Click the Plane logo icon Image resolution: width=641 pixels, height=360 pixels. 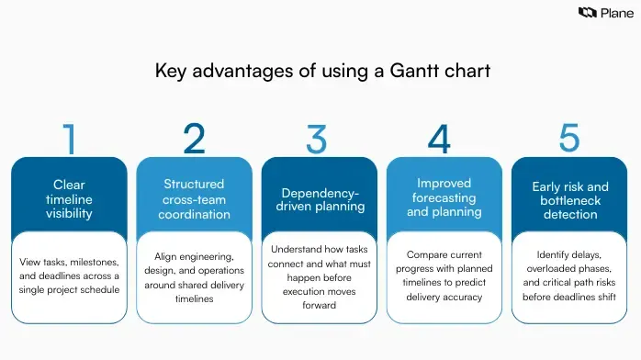587,13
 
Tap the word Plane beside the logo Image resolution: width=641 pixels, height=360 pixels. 616,13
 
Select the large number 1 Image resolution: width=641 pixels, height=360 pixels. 69,138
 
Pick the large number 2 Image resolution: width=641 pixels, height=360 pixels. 194,138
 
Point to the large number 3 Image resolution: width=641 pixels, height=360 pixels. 317,138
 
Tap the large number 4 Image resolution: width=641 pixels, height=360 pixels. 440,138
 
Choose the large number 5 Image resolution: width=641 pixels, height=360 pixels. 568,138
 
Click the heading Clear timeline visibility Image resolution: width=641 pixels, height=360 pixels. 69,198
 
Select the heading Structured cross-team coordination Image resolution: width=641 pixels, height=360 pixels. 194,198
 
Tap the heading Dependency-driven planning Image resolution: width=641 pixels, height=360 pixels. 319,199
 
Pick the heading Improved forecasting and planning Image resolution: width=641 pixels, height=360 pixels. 444,197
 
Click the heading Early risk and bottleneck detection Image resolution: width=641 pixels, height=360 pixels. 570,199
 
